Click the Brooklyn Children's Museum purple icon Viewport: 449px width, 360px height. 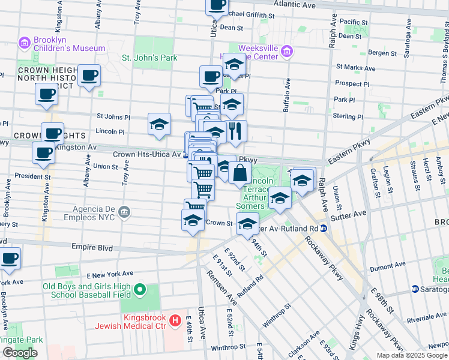pyautogui.click(x=25, y=43)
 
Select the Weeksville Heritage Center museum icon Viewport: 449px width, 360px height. pyautogui.click(x=288, y=52)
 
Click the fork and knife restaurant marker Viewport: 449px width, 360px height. pyautogui.click(x=235, y=131)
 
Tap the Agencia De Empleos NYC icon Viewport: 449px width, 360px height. pyautogui.click(x=124, y=211)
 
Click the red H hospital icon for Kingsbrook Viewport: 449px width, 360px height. pyautogui.click(x=175, y=321)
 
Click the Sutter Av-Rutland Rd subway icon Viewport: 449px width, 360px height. pyautogui.click(x=323, y=228)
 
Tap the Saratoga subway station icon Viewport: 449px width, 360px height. pyautogui.click(x=415, y=289)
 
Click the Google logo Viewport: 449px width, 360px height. pyautogui.click(x=20, y=353)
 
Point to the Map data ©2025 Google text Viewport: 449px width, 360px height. pyautogui.click(x=411, y=355)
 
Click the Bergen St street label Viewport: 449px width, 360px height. pyautogui.click(x=378, y=53)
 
